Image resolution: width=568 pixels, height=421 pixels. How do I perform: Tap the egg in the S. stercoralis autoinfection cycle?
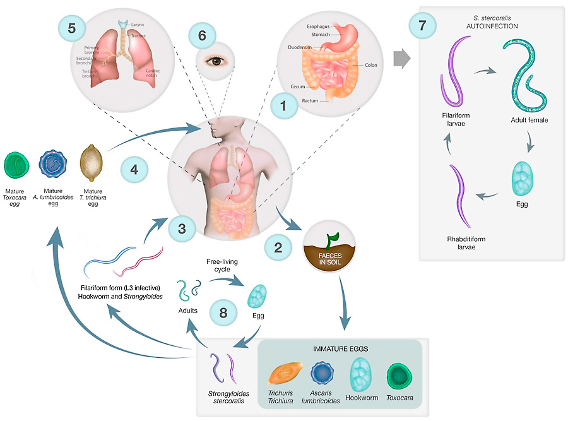click(x=523, y=179)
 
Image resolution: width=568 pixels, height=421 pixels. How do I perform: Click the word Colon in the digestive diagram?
click(x=370, y=65)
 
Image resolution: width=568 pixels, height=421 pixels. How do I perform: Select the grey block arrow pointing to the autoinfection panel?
click(x=401, y=59)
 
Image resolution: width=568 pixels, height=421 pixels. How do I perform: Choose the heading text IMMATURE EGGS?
click(x=341, y=348)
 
